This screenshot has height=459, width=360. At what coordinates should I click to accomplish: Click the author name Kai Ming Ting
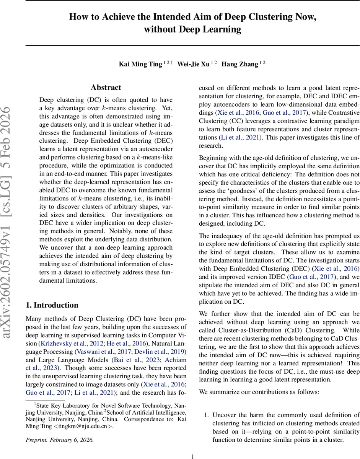(140, 64)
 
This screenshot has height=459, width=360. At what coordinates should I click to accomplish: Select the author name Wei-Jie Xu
(193, 64)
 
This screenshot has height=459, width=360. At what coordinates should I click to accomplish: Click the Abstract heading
(106, 88)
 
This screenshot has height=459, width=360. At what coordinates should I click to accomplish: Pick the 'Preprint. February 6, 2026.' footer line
(59, 439)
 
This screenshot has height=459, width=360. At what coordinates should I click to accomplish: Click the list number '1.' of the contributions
(205, 415)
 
